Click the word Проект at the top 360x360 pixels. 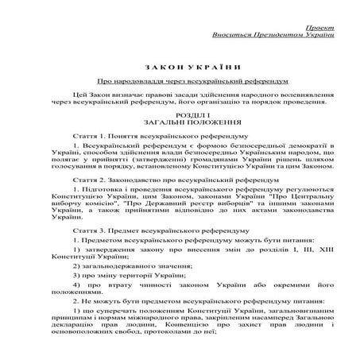[318, 26]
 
